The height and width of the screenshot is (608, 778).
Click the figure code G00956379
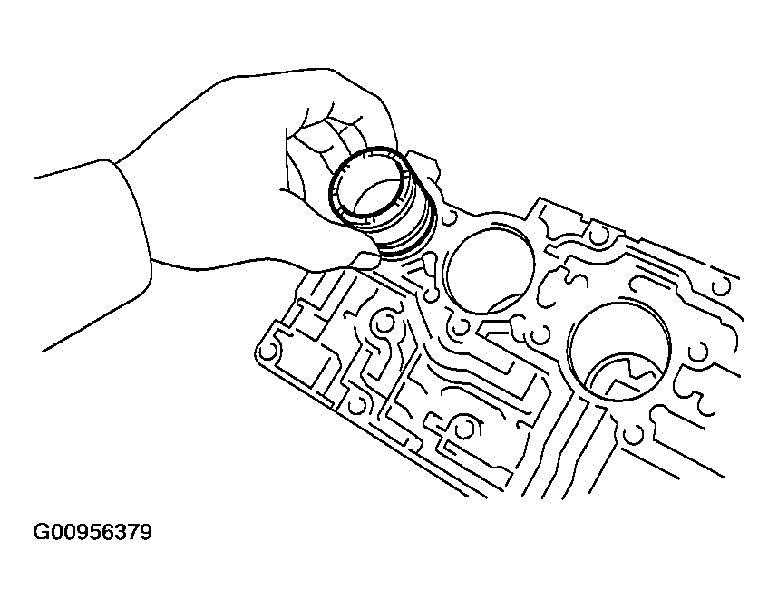tap(92, 532)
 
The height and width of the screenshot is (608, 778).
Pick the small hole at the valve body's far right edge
tap(723, 285)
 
